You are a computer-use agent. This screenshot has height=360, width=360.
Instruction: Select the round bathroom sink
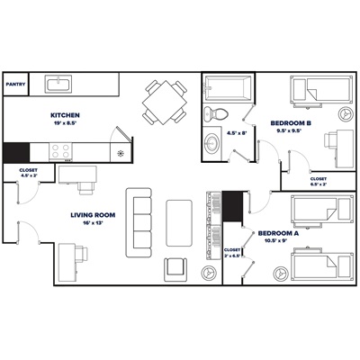pyautogui.click(x=214, y=143)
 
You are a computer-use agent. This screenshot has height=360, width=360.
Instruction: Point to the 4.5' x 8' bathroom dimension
pyautogui.click(x=238, y=134)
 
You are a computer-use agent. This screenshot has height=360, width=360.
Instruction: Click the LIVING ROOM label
pyautogui.click(x=94, y=217)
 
